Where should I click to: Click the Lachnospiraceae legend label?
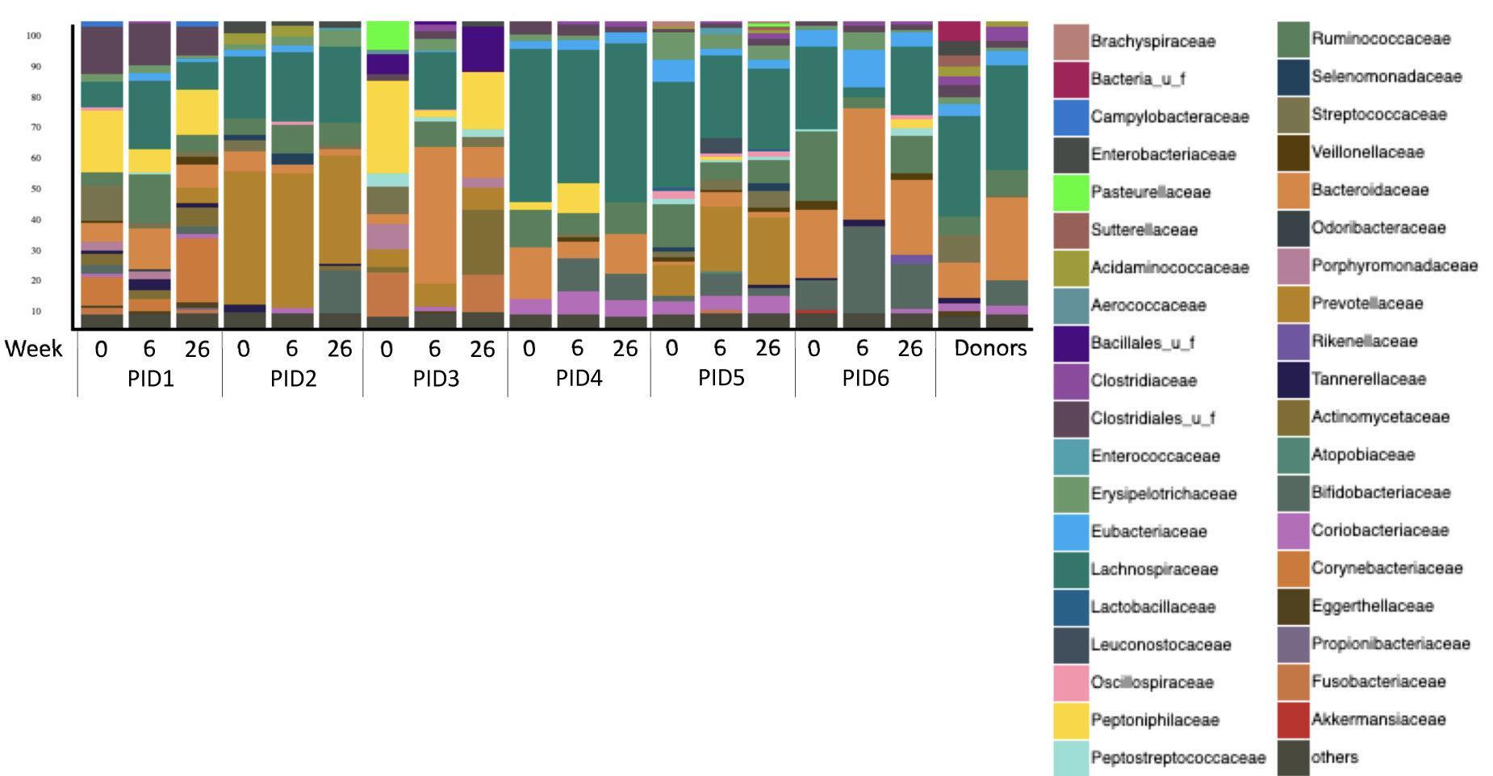[x=1154, y=569]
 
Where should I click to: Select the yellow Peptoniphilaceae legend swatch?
[x=1070, y=720]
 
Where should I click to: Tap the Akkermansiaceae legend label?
[x=1378, y=719]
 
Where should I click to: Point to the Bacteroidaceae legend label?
[x=1370, y=190]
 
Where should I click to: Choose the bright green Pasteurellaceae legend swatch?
[x=1070, y=192]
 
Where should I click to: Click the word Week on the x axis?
[x=33, y=349]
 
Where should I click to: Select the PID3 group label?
[x=436, y=378]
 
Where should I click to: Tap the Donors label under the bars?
[x=990, y=348]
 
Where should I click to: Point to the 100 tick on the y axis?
[x=34, y=36]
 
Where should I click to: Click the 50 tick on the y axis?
[x=36, y=189]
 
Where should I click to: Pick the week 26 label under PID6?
[x=910, y=348]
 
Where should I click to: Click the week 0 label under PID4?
[x=529, y=348]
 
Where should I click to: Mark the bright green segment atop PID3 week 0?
[x=387, y=36]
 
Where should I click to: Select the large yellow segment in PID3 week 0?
[x=387, y=126]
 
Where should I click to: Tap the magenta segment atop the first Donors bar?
[x=959, y=31]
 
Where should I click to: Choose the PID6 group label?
[x=865, y=378]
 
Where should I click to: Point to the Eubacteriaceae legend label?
[x=1148, y=531]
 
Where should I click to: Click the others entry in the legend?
[x=1334, y=757]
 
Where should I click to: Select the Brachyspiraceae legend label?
[x=1152, y=41]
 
